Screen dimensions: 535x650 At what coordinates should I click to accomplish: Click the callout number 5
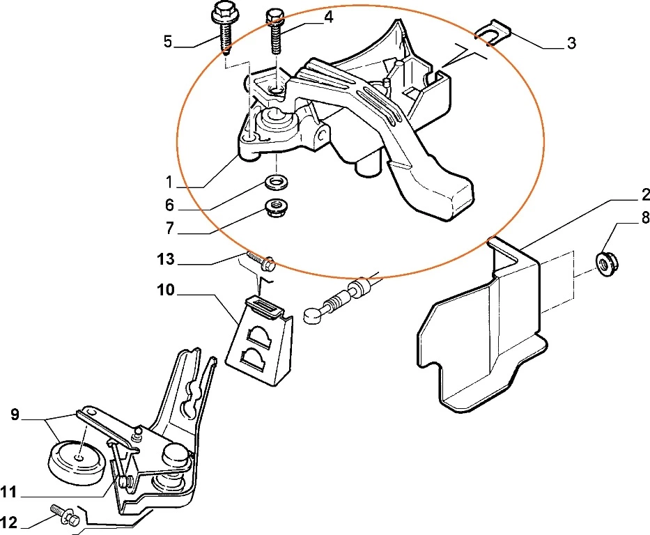[168, 41]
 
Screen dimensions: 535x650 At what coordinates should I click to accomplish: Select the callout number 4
[328, 17]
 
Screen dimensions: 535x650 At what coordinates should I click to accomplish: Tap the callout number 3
[571, 43]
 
